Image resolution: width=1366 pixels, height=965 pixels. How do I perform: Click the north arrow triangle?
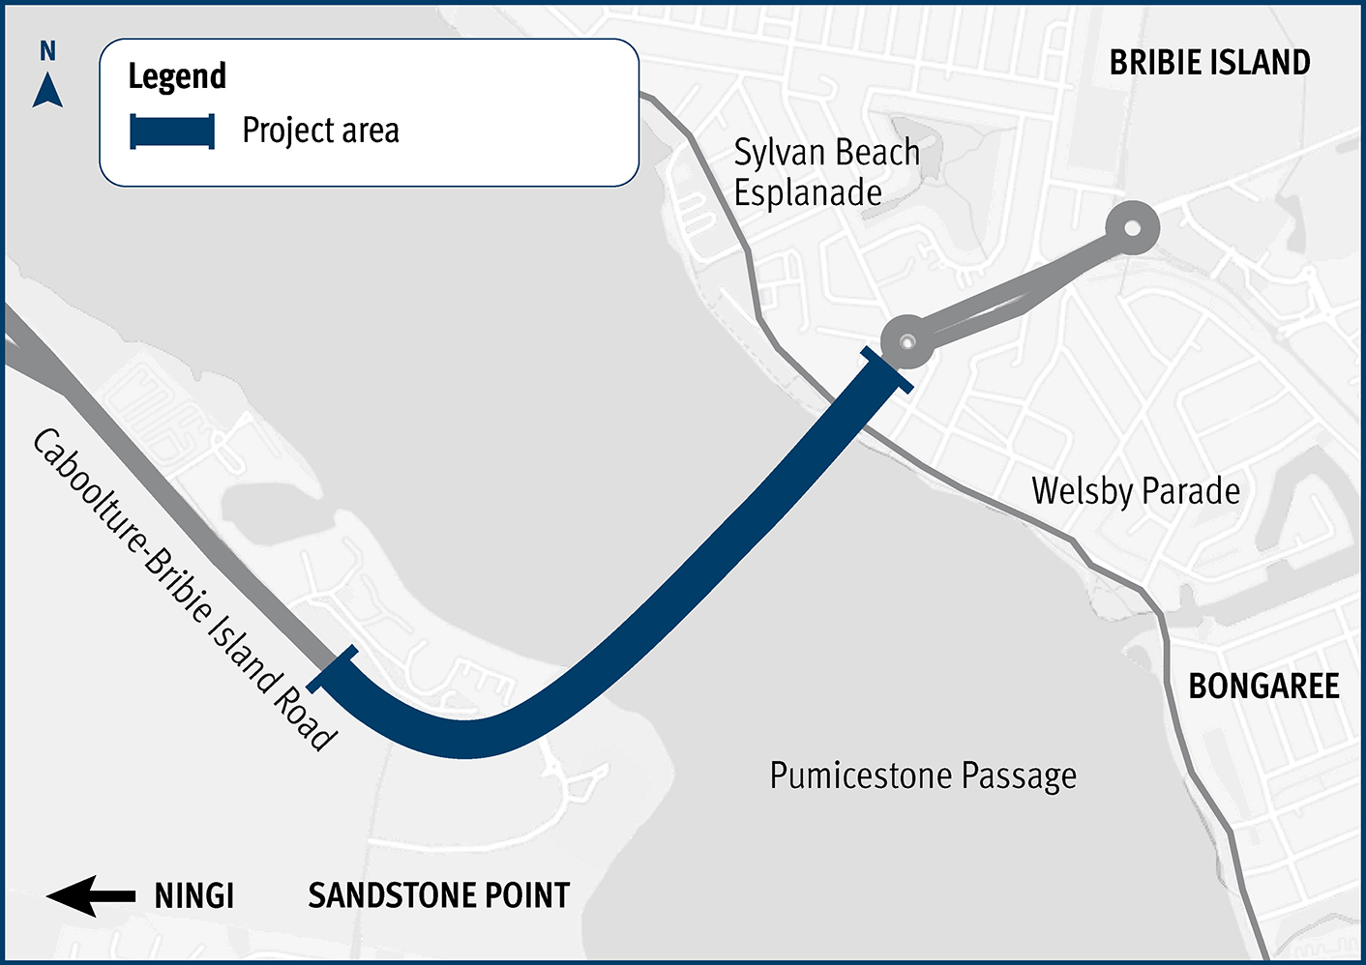[x=47, y=91]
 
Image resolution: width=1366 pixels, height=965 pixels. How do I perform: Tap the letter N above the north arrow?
[x=47, y=51]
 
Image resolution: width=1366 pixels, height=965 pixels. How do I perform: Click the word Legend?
[x=177, y=76]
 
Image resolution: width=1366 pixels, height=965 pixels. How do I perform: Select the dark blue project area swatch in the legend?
[x=172, y=132]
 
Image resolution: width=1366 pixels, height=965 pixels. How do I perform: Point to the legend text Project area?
[x=320, y=131]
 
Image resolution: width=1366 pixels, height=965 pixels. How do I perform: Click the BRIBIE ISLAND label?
[x=1209, y=63]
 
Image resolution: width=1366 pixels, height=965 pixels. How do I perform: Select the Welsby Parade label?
[x=1136, y=491]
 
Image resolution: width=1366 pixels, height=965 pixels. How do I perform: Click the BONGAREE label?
[x=1263, y=687]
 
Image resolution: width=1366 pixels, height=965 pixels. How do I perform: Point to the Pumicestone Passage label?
[x=923, y=775]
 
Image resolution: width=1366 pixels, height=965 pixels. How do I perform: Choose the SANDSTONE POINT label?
[x=439, y=895]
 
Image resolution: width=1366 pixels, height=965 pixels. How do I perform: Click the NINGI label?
[x=194, y=896]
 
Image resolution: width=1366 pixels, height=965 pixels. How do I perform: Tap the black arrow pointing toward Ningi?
[x=91, y=896]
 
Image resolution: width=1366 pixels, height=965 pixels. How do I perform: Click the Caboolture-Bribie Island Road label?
[x=184, y=590]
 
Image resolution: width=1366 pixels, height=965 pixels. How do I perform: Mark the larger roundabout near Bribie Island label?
[x=1130, y=229]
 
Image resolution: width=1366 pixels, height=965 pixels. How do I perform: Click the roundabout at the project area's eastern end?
[x=907, y=341]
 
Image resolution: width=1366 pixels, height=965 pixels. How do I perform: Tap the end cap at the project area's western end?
[x=333, y=669]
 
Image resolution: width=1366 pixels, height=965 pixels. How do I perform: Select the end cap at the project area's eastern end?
[x=887, y=371]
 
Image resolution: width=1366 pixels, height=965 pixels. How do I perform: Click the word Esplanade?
[x=808, y=193]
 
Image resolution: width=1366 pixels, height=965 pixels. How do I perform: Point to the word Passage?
[x=1020, y=775]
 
